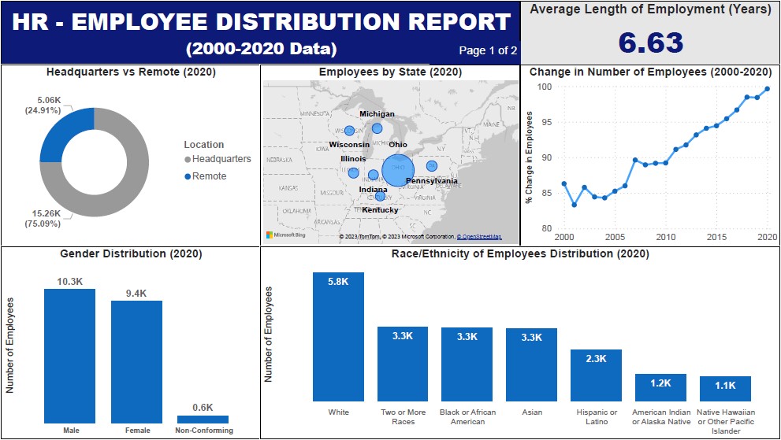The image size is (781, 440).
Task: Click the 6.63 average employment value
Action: point(650,43)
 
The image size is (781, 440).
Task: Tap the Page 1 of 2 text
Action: point(488,51)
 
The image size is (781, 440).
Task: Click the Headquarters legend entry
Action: point(221,159)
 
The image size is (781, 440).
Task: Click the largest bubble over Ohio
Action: point(398,170)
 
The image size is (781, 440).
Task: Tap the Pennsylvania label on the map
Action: point(431,181)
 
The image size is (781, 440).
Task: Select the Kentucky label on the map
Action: point(380,210)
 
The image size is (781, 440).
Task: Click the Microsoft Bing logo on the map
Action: point(285,235)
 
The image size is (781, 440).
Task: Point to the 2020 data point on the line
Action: point(767,88)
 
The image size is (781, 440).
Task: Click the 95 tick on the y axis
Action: point(545,122)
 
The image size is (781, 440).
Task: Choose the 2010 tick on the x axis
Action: point(666,237)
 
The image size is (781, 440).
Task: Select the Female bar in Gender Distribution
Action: point(136,361)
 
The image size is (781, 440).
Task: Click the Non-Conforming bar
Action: point(203,420)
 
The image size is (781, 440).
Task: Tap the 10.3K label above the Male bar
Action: point(69,281)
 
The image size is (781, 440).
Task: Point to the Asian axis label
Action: point(532,412)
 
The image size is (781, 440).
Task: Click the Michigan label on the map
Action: point(377,114)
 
